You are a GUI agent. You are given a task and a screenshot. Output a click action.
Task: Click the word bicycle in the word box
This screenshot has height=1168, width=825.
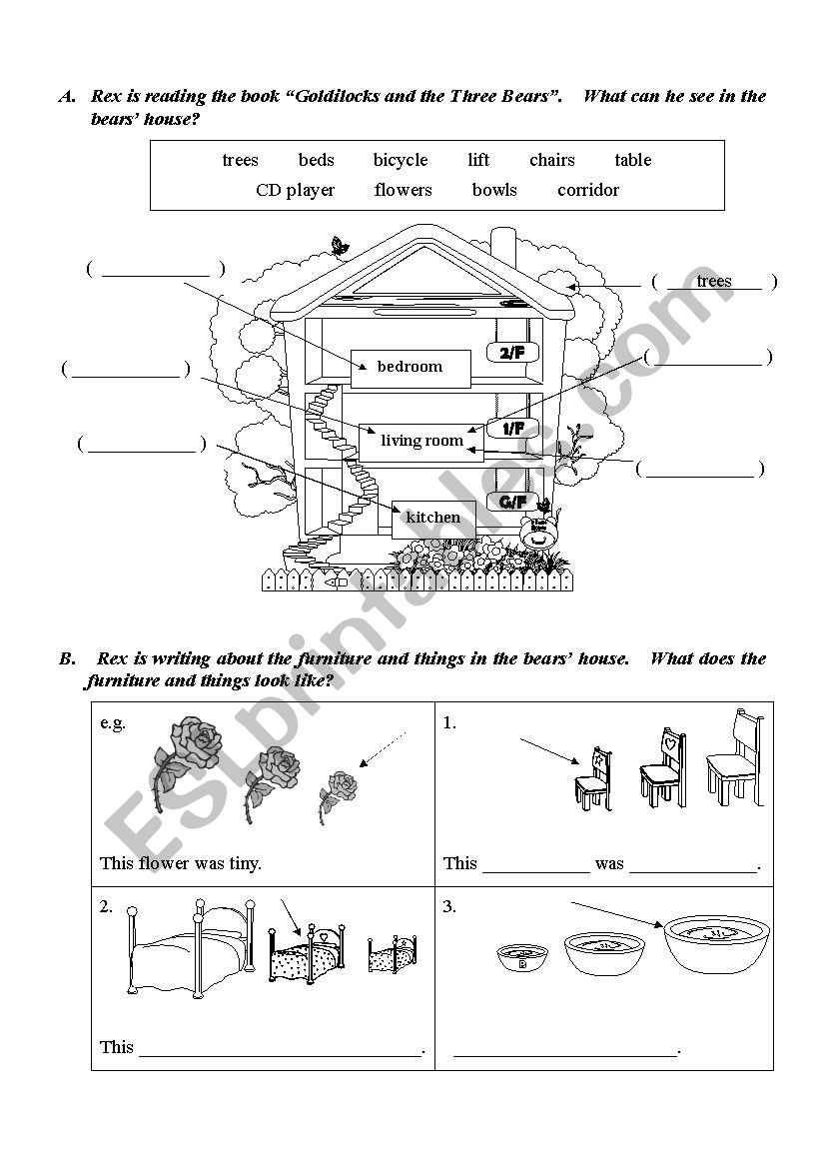coord(401,160)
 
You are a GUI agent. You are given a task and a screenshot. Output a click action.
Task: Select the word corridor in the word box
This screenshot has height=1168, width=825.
coord(588,190)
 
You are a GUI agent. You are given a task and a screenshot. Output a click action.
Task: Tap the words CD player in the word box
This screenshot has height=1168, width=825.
coord(296,190)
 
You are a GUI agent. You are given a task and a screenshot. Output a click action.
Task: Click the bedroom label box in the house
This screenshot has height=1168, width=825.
coord(411,367)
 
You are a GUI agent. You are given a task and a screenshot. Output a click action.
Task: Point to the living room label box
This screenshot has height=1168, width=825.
coord(421,441)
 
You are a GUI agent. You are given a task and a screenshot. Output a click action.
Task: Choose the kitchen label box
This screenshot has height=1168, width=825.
coord(433,518)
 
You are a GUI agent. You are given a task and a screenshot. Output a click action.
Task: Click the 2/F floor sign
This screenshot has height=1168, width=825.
coord(511,352)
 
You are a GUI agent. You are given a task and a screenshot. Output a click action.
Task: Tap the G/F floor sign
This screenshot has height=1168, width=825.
coord(511,502)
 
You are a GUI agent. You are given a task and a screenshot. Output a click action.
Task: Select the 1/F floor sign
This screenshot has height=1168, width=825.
coord(512,429)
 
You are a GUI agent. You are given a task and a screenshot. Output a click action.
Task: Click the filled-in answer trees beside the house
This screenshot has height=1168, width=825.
coord(714,281)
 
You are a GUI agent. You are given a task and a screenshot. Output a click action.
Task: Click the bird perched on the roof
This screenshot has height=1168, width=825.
coord(340,245)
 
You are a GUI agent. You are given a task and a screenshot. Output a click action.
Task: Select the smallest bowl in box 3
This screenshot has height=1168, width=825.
coord(522,957)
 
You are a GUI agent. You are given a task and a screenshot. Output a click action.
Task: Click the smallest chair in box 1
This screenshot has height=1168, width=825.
coord(593,779)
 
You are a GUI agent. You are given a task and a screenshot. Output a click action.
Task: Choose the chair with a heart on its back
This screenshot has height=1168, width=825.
coord(660,766)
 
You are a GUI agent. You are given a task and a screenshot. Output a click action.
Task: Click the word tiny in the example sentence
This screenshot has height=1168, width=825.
coord(242,863)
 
